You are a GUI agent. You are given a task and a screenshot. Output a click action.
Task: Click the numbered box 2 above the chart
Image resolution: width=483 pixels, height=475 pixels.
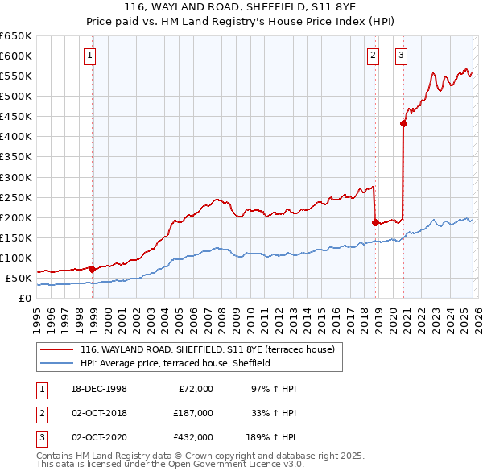(374, 56)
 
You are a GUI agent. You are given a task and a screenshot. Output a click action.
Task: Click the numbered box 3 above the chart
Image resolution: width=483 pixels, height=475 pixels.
(401, 56)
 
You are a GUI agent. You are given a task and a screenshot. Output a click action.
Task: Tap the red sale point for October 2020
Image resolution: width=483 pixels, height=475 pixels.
(404, 123)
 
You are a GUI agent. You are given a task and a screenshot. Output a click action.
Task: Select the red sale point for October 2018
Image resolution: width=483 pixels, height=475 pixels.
(375, 222)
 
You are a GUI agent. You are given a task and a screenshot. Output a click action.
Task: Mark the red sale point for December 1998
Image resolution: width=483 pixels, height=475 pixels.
(93, 269)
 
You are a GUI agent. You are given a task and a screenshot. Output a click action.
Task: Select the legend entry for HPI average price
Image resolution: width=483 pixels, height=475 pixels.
(175, 363)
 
